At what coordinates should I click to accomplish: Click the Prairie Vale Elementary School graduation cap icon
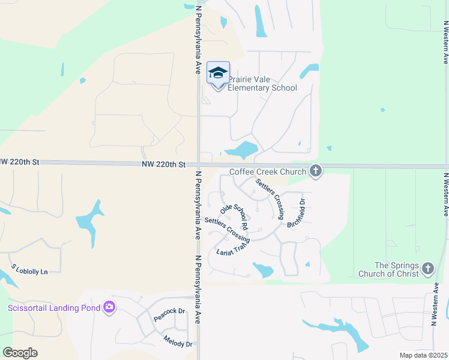[218, 74]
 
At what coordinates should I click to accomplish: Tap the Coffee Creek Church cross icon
[316, 172]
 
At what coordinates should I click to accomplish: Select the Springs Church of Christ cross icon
[427, 269]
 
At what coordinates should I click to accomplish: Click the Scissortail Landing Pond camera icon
[109, 308]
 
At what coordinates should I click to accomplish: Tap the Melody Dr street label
[178, 340]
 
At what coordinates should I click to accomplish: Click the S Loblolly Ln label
[29, 269]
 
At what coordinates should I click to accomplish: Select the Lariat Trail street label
[232, 247]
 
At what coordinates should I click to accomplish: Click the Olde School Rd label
[234, 217]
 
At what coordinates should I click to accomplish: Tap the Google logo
[20, 353]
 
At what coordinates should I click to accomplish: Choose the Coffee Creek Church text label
[268, 172]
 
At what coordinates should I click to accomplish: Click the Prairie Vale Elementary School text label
[262, 83]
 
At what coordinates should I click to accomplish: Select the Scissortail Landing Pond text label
[51, 308]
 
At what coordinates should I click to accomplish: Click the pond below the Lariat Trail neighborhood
[263, 269]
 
